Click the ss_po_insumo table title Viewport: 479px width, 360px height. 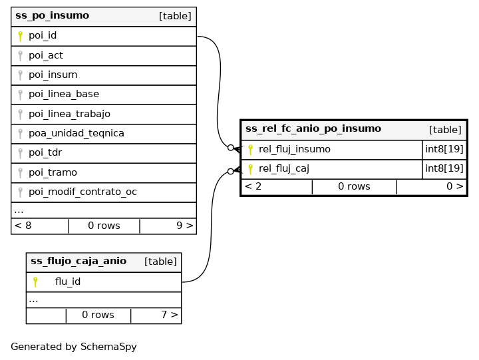coord(52,16)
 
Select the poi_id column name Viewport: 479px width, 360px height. coord(43,36)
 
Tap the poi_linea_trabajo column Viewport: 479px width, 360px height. coord(69,114)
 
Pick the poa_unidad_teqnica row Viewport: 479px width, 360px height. coord(76,133)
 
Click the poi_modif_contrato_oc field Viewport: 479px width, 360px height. coord(82,192)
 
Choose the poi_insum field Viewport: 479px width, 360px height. coord(53,75)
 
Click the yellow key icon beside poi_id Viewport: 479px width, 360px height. coord(21,36)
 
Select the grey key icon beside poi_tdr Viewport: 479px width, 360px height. coord(21,153)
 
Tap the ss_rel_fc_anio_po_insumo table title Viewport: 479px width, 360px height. coord(313,129)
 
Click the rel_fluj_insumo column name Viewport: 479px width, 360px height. coord(294,150)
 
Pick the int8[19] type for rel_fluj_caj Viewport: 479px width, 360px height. coord(444,169)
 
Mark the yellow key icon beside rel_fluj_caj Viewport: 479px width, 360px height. coord(251,169)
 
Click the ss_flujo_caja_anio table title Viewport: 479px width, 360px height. coord(79,262)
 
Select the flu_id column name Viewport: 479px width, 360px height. coord(68,281)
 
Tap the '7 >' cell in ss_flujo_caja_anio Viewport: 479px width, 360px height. coord(169,315)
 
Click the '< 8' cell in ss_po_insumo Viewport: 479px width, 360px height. coord(23,226)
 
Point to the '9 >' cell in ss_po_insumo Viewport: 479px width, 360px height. coord(184,226)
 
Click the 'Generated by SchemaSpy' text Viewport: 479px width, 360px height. coord(74,347)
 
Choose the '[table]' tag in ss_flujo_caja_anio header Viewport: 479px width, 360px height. coord(160,262)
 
